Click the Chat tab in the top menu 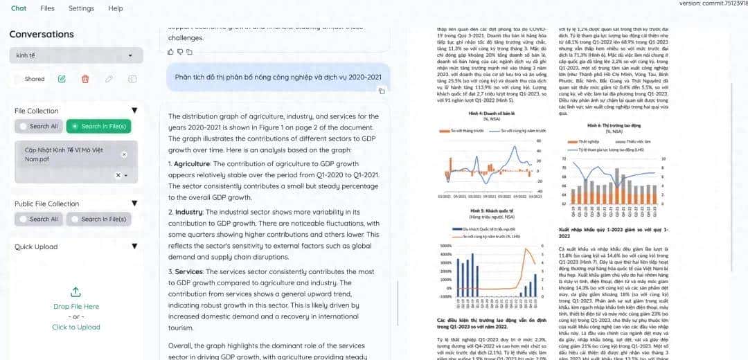[19, 8]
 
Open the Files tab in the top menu [47, 8]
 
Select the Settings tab [81, 8]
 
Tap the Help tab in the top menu [116, 8]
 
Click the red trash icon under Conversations [85, 79]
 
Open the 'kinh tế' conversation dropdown [76, 55]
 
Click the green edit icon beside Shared [62, 79]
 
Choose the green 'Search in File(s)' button [98, 126]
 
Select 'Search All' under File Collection [39, 126]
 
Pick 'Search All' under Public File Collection [39, 219]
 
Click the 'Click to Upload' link [76, 327]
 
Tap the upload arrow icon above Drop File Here [76, 291]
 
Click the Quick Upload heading [36, 246]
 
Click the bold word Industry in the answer [188, 211]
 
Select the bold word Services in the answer [188, 272]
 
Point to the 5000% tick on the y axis [444, 246]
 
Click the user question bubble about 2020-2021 [278, 77]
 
